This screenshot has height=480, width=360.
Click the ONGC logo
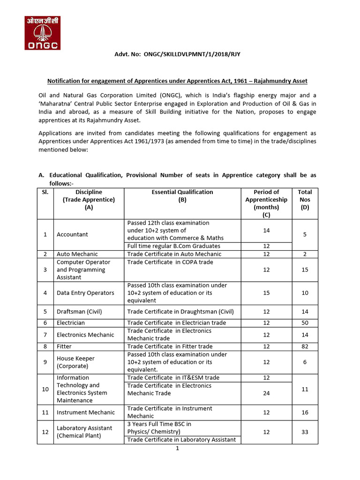coord(42,33)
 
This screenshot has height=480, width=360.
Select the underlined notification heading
coord(178,81)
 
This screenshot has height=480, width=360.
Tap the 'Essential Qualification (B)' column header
coord(182,195)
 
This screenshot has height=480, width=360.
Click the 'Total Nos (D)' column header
coord(305,199)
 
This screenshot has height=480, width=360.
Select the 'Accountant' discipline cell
coord(72,234)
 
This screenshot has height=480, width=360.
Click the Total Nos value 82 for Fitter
coord(305,346)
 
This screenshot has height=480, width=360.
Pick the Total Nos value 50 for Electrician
coord(305,323)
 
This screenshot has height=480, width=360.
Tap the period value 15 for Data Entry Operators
coord(266,293)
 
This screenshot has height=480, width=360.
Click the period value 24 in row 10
coord(266,393)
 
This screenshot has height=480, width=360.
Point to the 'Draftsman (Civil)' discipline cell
coord(79,312)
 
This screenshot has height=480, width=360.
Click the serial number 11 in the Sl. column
coord(45,412)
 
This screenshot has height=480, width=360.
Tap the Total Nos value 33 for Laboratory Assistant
coord(305,432)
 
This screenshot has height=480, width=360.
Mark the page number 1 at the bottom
coord(178,449)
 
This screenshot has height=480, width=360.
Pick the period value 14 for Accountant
coord(266,231)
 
